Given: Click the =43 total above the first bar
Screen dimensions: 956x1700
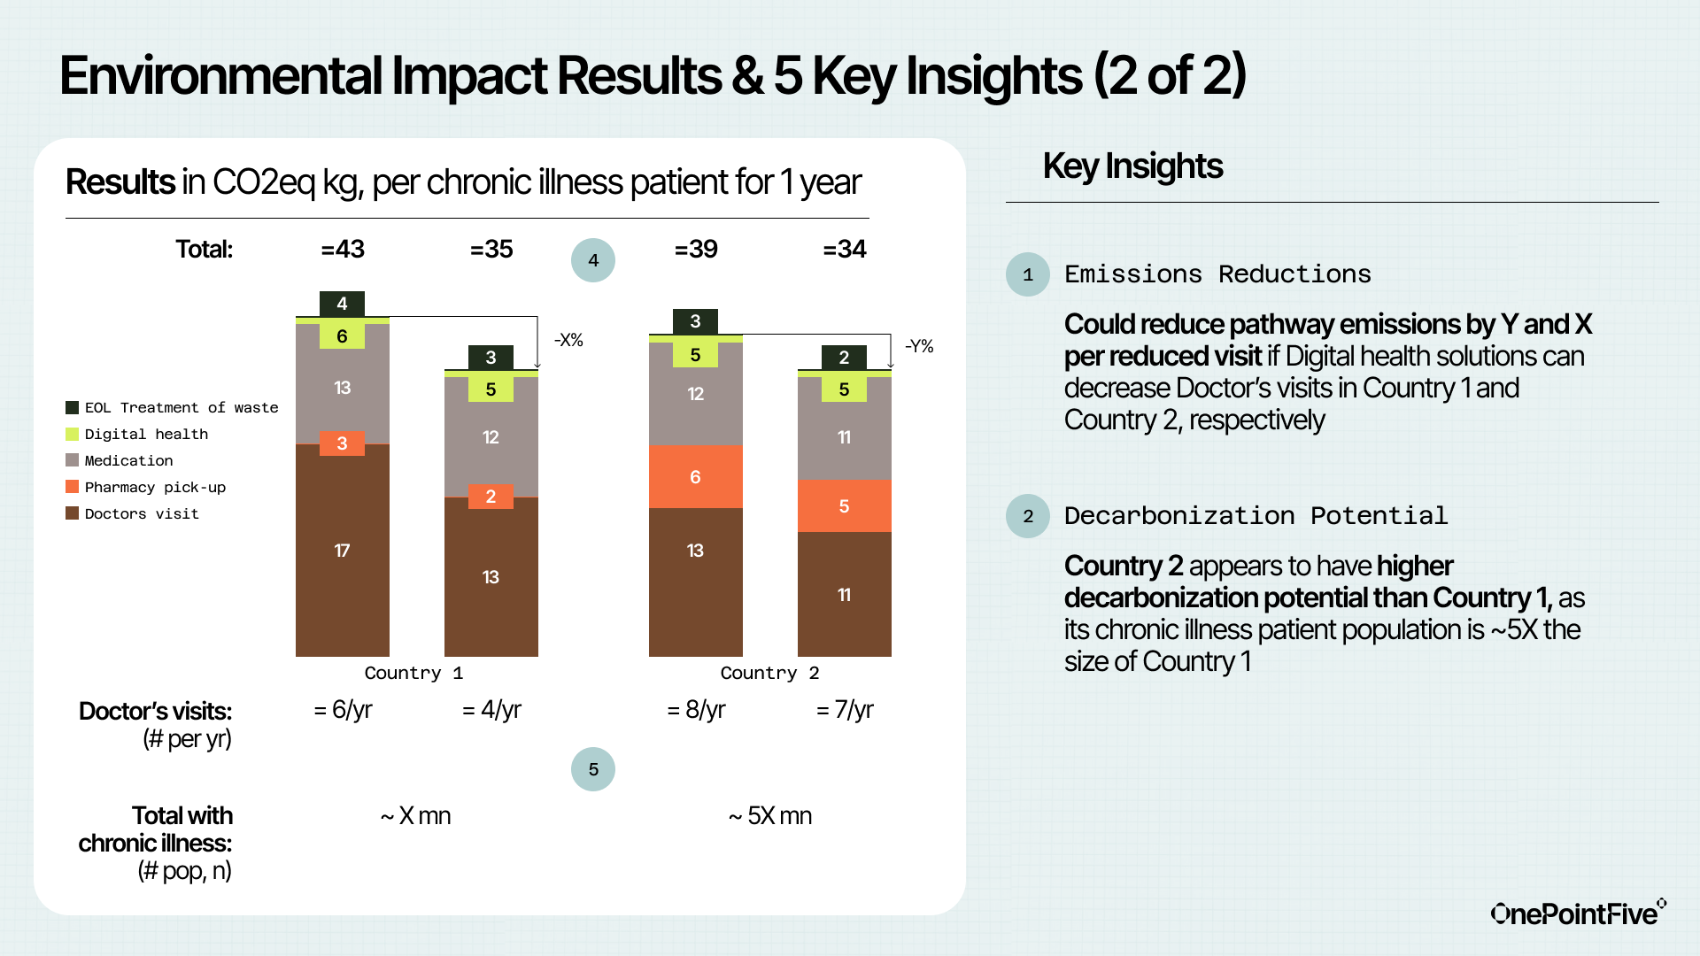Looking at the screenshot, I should tap(343, 250).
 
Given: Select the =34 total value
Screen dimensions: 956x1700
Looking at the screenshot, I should tap(844, 250).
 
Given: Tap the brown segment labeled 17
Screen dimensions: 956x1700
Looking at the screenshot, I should tap(342, 551).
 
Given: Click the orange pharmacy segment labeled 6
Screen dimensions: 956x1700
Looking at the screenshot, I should tap(695, 477).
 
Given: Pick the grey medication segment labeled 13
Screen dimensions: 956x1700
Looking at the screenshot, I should tap(342, 388).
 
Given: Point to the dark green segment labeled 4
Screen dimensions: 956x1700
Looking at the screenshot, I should tap(342, 304).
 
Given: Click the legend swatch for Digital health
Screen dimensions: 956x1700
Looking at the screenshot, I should tap(73, 434).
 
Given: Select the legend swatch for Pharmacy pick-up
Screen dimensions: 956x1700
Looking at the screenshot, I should tap(73, 487).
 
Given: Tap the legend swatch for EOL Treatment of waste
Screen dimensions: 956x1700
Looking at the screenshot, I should tap(73, 407).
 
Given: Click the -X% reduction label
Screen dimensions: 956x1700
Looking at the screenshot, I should tap(568, 340).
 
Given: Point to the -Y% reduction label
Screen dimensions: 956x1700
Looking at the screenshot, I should tap(919, 346).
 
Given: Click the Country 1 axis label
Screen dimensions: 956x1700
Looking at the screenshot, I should tap(413, 673).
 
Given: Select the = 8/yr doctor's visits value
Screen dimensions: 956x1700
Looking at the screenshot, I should tap(696, 710).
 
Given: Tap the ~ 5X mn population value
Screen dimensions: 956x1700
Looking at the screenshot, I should tap(770, 815).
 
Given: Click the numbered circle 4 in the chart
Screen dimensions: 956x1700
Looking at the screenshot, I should tap(593, 260).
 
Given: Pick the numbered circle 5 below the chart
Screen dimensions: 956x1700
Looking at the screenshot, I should tap(593, 769).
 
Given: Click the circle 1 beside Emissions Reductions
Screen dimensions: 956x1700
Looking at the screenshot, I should tap(1028, 274).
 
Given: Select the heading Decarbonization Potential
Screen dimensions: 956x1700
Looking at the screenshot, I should tap(1256, 516).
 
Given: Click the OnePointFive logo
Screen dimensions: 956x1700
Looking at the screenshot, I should tap(1577, 913).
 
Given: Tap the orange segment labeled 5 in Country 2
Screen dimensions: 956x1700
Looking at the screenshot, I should tap(844, 506).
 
